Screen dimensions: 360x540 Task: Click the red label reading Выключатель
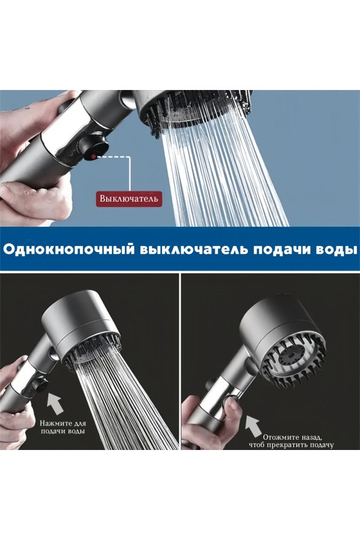pos(129,199)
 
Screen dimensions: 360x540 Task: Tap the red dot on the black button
pos(93,157)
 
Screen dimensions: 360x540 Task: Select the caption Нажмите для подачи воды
pos(62,427)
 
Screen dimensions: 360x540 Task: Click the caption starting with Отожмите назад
pos(292,441)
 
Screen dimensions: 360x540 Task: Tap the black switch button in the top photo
pos(92,148)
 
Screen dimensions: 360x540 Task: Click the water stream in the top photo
pos(224,172)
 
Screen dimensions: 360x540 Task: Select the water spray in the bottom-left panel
pos(124,396)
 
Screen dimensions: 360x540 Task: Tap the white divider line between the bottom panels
pos(180,362)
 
